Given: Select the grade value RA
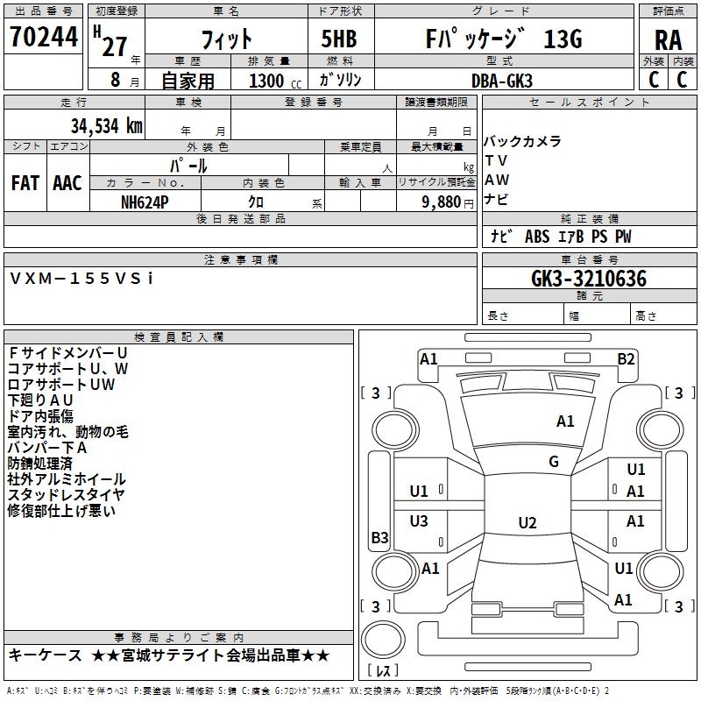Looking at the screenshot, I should [x=668, y=39].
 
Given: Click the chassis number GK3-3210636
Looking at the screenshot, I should [x=589, y=280].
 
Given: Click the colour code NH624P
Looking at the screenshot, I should [x=145, y=201].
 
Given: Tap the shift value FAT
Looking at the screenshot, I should [x=25, y=183].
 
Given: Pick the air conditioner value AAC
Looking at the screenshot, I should [x=67, y=183].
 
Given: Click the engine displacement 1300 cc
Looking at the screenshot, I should [x=272, y=81].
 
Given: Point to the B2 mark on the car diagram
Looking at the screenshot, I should [x=626, y=358].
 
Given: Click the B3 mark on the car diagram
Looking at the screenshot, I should [x=379, y=537].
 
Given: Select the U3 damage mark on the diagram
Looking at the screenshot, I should [x=419, y=521].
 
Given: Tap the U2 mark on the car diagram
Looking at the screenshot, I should [x=527, y=523].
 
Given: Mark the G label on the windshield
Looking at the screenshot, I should [x=554, y=462].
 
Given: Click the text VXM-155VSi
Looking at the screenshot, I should [x=81, y=278].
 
